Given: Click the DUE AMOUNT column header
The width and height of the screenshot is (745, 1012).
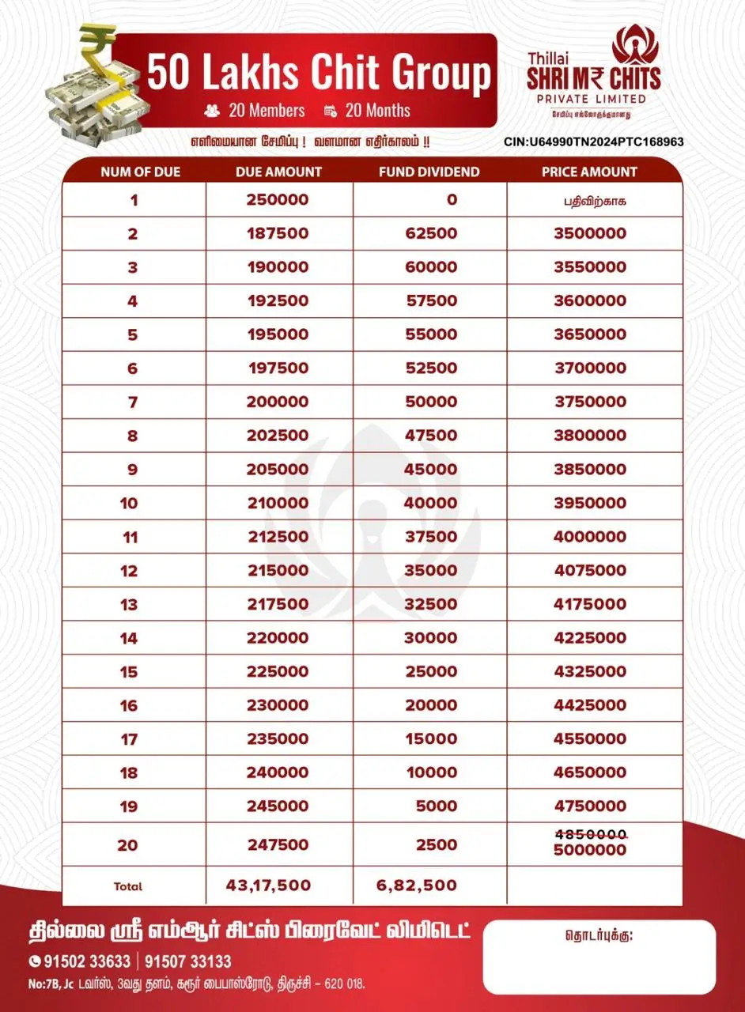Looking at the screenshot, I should pos(278,172).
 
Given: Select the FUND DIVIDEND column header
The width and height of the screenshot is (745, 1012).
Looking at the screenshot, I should pos(429,172).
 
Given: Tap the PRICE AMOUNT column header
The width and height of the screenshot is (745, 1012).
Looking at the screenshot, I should pos(589,172).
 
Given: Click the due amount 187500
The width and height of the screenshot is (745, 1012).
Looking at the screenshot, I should pos(278,233).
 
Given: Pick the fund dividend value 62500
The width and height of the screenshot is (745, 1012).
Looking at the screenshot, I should pos(431,233).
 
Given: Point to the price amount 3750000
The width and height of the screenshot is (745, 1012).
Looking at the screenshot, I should pos(590,402).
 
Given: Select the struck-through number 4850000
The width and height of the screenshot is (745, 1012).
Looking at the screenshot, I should pos(590,834).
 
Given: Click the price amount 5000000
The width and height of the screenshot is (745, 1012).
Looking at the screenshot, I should pos(590,851).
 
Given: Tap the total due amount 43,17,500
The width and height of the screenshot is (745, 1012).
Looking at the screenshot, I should pos(268,885).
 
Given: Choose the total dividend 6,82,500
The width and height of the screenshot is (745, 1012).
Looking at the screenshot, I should pos(417,885).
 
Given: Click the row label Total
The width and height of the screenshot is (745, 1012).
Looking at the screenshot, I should pos(128,886).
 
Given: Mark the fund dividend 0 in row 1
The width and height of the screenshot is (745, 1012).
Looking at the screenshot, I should pos(452,200).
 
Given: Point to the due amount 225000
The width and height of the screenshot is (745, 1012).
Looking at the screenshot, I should pos(278,671).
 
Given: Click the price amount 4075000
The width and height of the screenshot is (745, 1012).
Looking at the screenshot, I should pos(590,570).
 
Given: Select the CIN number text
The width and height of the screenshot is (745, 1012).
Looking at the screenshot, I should pos(593,142).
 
